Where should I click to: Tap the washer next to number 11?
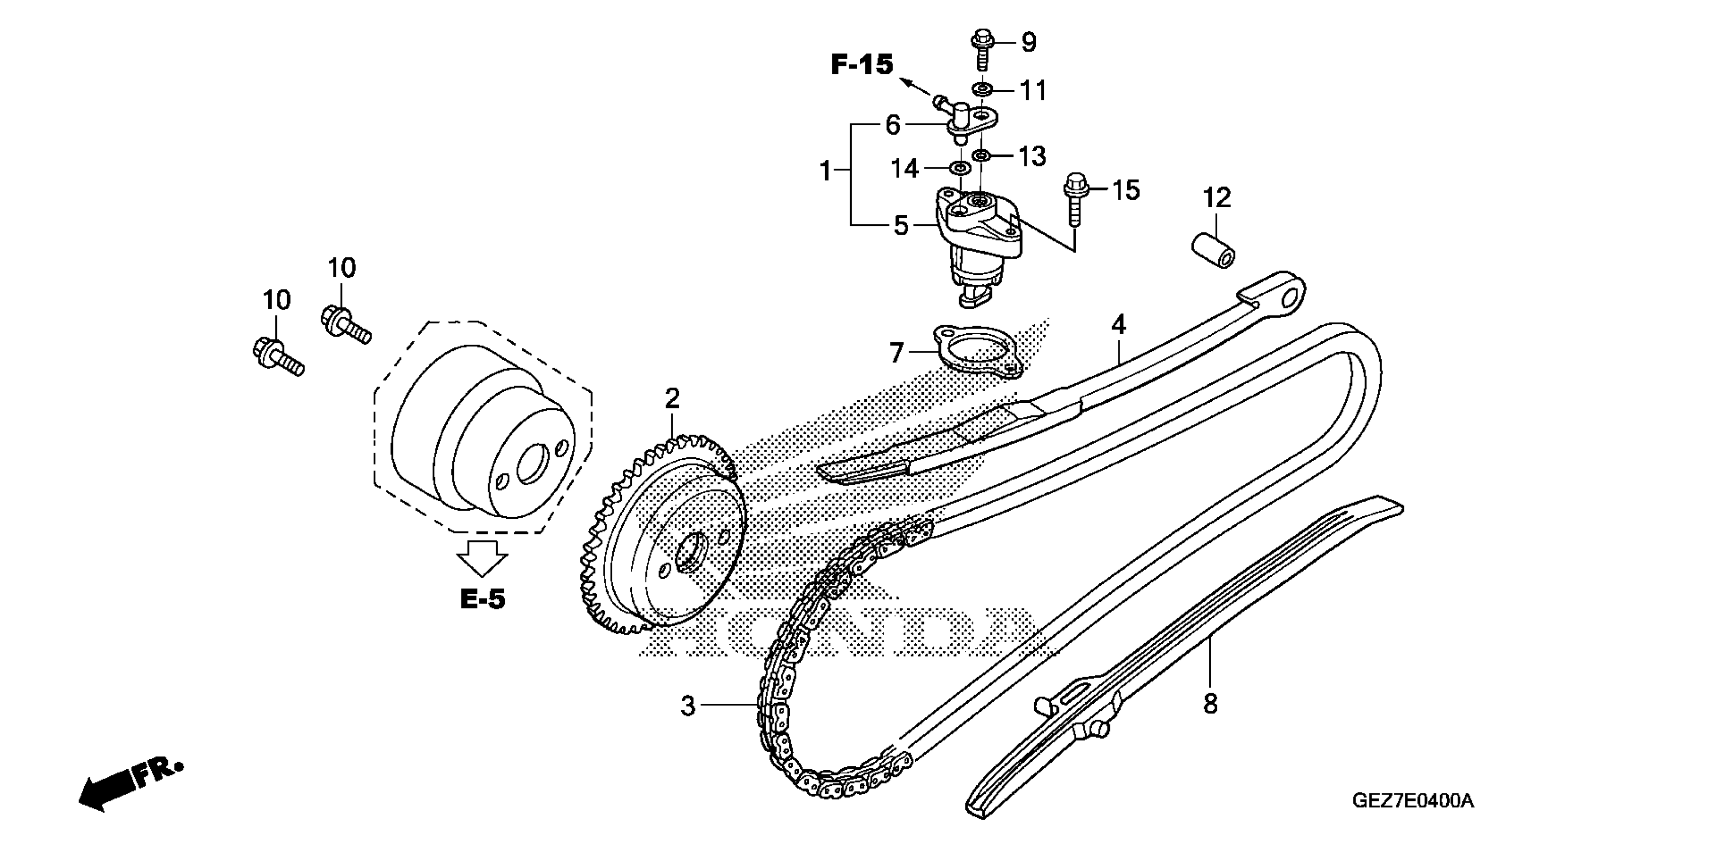(982, 89)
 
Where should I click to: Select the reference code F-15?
(861, 65)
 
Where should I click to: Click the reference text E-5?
(482, 599)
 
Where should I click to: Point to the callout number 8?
(1210, 704)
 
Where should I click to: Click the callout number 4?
(1118, 325)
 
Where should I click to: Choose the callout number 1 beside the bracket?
(826, 171)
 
